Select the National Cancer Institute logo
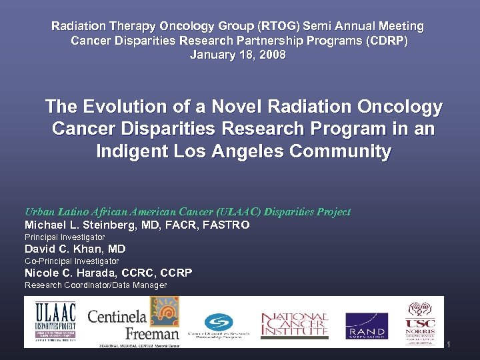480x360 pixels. click(x=294, y=324)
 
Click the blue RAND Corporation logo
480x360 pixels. click(x=366, y=325)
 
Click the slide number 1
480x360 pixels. click(x=449, y=345)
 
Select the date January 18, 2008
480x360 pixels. click(x=237, y=55)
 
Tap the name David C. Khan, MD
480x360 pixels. click(x=75, y=249)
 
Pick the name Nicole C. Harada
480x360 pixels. click(x=70, y=273)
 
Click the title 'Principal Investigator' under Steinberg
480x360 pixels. click(x=65, y=237)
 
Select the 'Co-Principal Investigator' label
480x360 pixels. click(x=71, y=261)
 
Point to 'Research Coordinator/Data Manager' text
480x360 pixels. click(x=95, y=285)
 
